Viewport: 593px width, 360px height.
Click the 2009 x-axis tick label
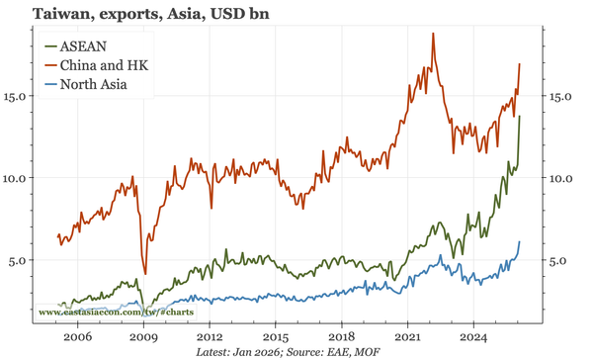(x=143, y=337)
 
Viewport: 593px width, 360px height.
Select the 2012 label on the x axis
(x=210, y=337)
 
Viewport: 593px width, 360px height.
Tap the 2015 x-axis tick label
(x=276, y=337)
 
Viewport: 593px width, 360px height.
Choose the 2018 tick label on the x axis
(x=342, y=337)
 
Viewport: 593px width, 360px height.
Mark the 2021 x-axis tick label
(x=408, y=337)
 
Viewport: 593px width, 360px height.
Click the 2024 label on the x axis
(x=474, y=337)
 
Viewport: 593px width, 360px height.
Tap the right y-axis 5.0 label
(x=561, y=260)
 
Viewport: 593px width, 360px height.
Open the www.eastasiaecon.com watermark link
(x=115, y=313)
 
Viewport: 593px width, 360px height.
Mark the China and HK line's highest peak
(x=433, y=34)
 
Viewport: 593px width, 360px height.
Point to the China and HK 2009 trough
(x=145, y=274)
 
